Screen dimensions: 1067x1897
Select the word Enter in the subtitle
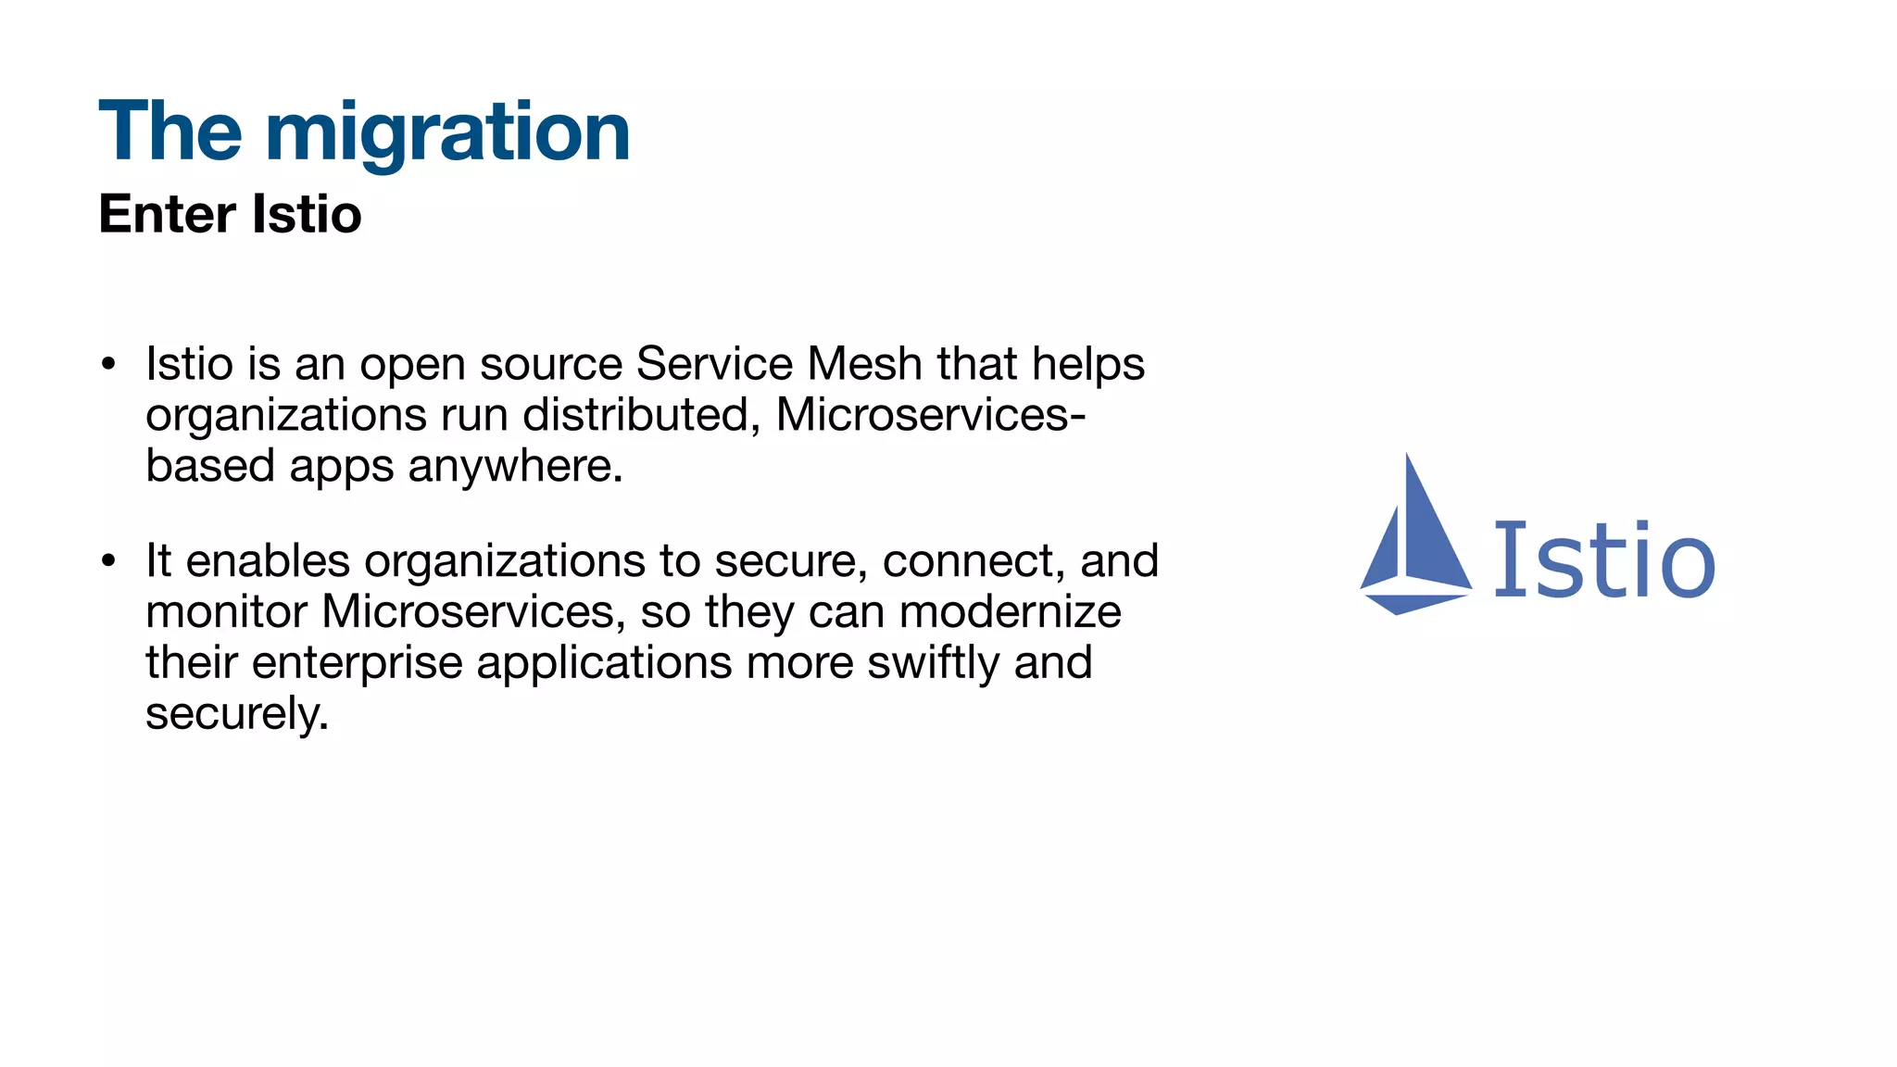pyautogui.click(x=167, y=214)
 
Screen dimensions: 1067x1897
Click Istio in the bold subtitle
pyautogui.click(x=307, y=214)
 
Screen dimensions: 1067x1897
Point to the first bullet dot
pyautogui.click(x=109, y=364)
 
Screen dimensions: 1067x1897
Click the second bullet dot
pyautogui.click(x=109, y=561)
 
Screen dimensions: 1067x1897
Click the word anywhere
pyautogui.click(x=515, y=466)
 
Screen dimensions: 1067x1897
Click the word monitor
pyautogui.click(x=226, y=612)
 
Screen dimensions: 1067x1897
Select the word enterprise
pyautogui.click(x=357, y=663)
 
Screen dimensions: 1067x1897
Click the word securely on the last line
pyautogui.click(x=237, y=714)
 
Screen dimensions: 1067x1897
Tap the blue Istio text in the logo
pyautogui.click(x=1604, y=559)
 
